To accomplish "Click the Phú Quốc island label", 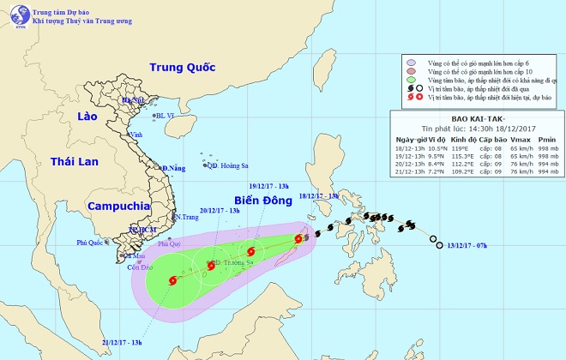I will [89, 243].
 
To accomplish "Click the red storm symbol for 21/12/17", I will [174, 280].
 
